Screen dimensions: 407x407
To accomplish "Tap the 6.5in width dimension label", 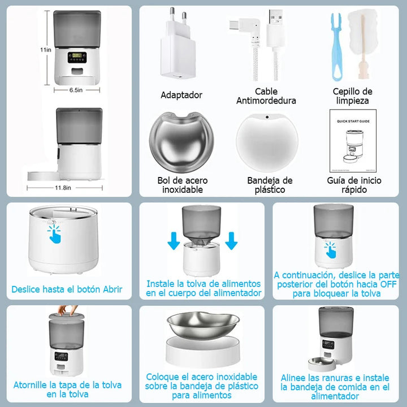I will point(77,89).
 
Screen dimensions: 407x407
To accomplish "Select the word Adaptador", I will point(181,95).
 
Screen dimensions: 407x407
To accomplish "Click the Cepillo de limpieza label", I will point(352,96).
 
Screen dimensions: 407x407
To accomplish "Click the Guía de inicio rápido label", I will point(354,185).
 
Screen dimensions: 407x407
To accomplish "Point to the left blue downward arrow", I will point(175,239).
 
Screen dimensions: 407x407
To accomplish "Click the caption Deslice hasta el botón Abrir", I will point(67,290).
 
